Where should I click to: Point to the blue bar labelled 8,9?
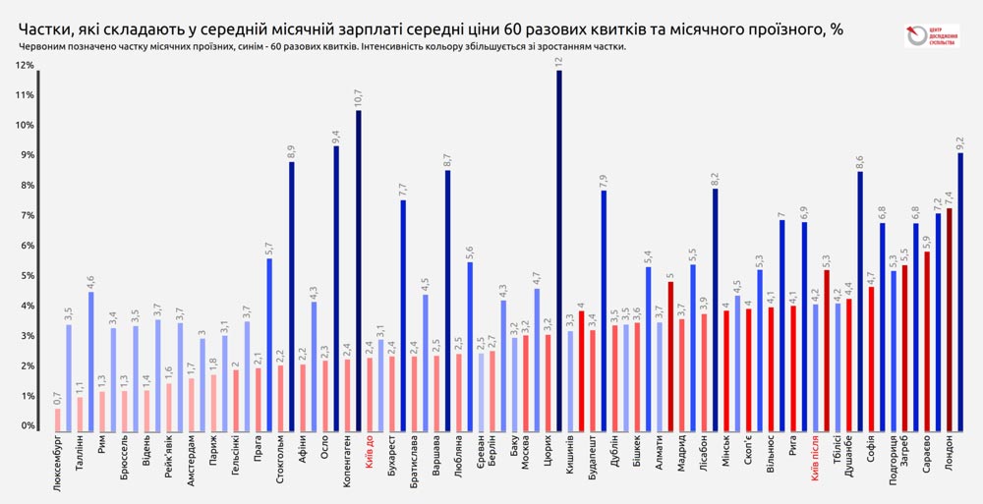pos(291,296)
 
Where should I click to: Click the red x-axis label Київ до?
pos(371,457)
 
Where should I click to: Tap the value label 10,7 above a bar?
pos(359,98)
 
